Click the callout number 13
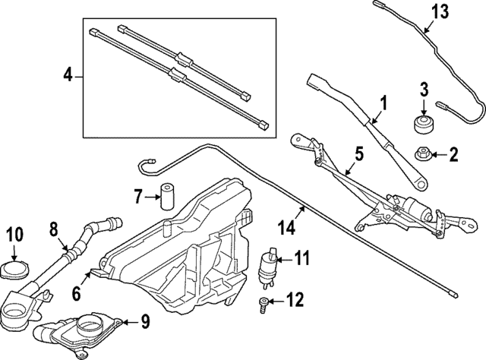coord(440,11)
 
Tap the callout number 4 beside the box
coord(68,75)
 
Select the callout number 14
coord(287,228)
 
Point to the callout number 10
coord(14,234)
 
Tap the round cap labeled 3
coord(424,125)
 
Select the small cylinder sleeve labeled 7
coord(167,197)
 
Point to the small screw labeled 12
coord(264,305)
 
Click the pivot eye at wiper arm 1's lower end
coord(420,185)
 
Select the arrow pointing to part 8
coord(63,245)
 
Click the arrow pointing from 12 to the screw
coord(276,301)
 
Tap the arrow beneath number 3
coord(424,109)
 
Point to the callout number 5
coord(358,154)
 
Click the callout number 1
coord(383,103)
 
